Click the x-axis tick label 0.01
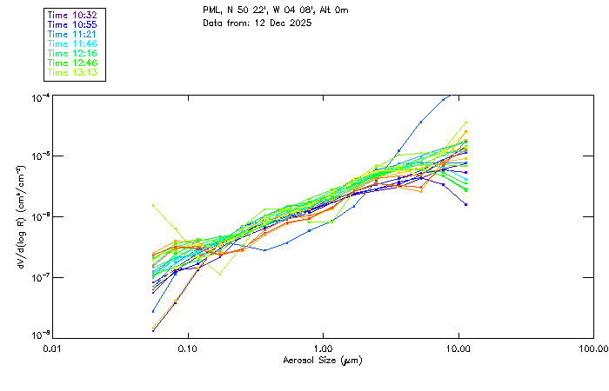[52, 348]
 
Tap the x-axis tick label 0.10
[187, 348]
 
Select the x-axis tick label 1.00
[323, 348]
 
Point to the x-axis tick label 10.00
[458, 348]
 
